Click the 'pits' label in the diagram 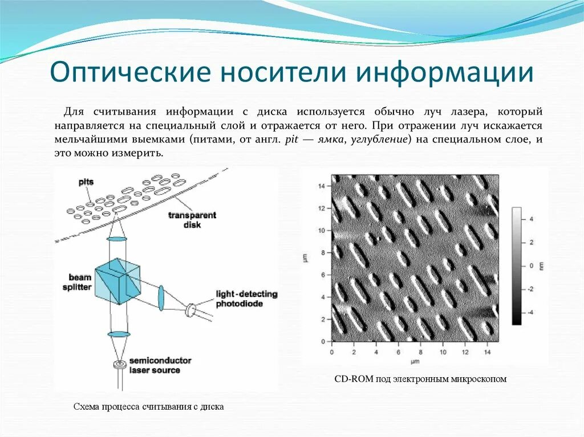tap(86, 182)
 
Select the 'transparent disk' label tap(192, 220)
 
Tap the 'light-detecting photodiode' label tap(246, 299)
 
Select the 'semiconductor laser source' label tap(160, 365)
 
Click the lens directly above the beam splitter tap(117, 237)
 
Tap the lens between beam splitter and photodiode tap(161, 298)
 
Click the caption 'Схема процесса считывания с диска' tap(149, 407)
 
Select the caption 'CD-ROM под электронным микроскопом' tap(420, 378)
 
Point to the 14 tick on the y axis tap(322, 186)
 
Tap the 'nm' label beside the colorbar tap(541, 265)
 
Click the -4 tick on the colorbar tap(530, 312)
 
